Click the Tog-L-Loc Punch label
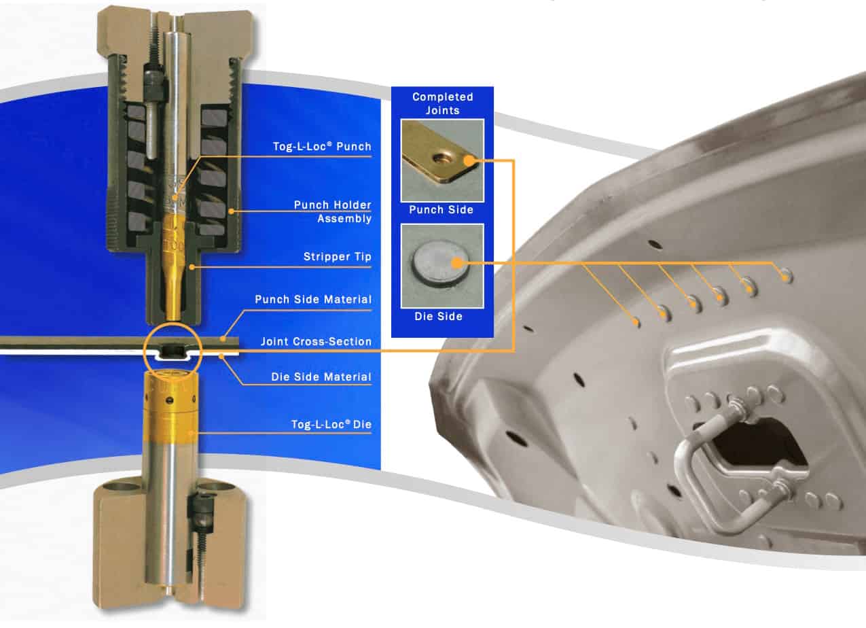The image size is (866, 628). coord(322,146)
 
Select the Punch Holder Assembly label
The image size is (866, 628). coord(333,211)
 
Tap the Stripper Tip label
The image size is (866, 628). coord(337,256)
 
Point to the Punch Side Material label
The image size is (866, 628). coord(313,299)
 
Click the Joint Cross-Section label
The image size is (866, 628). coord(316,341)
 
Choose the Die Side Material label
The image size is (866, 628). coord(321,377)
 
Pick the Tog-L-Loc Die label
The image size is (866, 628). coord(331,425)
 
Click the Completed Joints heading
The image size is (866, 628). coord(443,103)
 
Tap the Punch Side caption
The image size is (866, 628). coord(441,210)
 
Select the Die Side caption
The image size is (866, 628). coord(438,316)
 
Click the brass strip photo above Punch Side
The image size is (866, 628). coord(442,160)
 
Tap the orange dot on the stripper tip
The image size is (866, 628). coord(192,267)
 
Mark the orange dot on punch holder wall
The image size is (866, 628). coord(231,211)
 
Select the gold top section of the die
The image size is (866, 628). coord(170,406)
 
